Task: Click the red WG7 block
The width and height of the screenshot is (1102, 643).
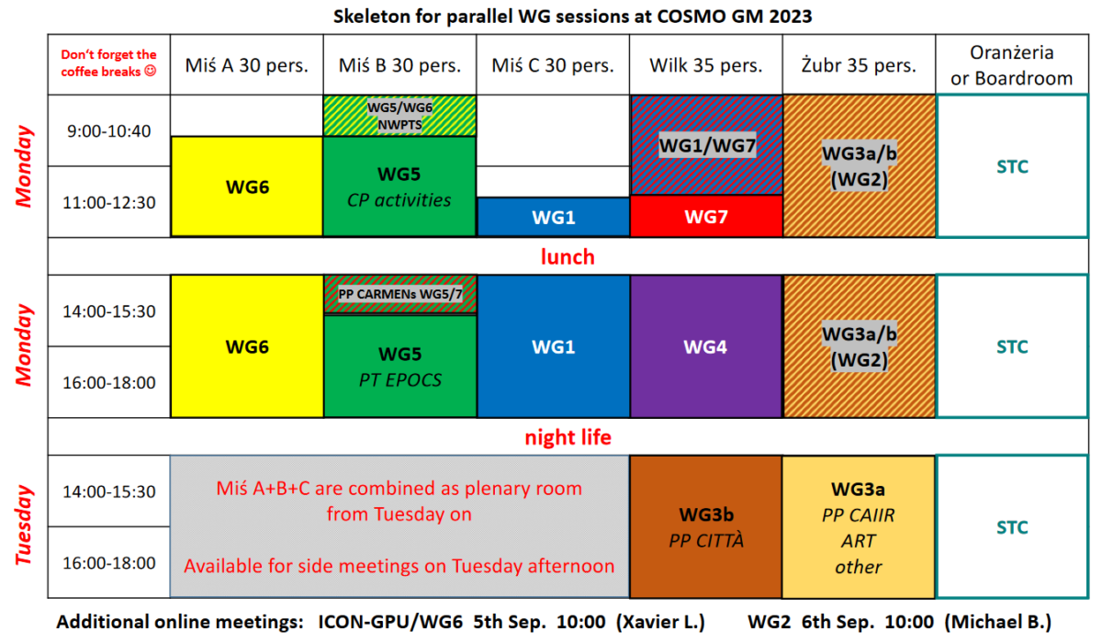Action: (706, 216)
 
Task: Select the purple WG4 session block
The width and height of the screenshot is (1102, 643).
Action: (706, 346)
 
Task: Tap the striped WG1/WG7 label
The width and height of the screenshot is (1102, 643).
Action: (707, 146)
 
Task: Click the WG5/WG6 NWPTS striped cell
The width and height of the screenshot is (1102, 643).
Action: (399, 116)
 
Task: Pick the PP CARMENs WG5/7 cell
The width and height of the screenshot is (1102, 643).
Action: (400, 294)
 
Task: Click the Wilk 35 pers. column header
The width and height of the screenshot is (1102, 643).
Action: (706, 65)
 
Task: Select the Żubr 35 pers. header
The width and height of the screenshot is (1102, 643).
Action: (859, 65)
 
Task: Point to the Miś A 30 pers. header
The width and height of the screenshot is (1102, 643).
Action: (246, 65)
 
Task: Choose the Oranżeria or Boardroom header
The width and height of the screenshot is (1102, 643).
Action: (1011, 65)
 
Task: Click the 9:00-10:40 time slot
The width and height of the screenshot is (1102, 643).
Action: (108, 130)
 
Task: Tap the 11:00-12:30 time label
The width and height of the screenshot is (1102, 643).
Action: (108, 202)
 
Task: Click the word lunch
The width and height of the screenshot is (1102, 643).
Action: (568, 256)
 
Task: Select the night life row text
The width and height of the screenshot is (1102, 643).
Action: (568, 437)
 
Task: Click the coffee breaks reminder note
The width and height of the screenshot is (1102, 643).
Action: (108, 63)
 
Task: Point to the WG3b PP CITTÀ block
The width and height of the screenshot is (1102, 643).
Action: (706, 527)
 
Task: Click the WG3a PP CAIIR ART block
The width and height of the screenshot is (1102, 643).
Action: (859, 527)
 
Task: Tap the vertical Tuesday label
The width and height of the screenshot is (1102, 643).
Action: (24, 525)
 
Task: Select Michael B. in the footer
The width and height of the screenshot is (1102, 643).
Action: (997, 622)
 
